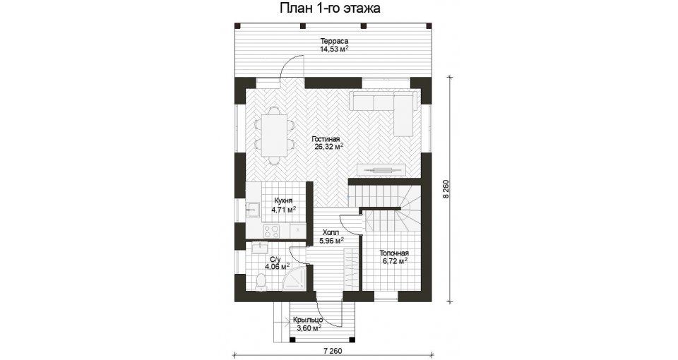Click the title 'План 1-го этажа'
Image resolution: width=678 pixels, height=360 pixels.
(331, 8)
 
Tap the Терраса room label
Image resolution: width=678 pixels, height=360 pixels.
(334, 41)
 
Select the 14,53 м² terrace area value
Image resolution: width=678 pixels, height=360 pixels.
(334, 49)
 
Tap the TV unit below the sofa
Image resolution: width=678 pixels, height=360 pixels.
(381, 170)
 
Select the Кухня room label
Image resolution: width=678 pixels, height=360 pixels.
(283, 201)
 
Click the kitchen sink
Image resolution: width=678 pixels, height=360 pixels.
(252, 210)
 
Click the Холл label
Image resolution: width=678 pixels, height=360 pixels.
(331, 232)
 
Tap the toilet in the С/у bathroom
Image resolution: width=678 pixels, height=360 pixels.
(261, 282)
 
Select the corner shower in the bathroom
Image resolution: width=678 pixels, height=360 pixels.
(296, 279)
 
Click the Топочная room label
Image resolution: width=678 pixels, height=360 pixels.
(394, 253)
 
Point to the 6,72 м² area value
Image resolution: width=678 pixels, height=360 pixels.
(395, 261)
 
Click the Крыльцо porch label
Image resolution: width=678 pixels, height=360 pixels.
(308, 320)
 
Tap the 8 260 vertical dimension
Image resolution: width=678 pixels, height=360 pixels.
(446, 189)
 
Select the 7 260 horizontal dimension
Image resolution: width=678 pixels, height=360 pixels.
(333, 351)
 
